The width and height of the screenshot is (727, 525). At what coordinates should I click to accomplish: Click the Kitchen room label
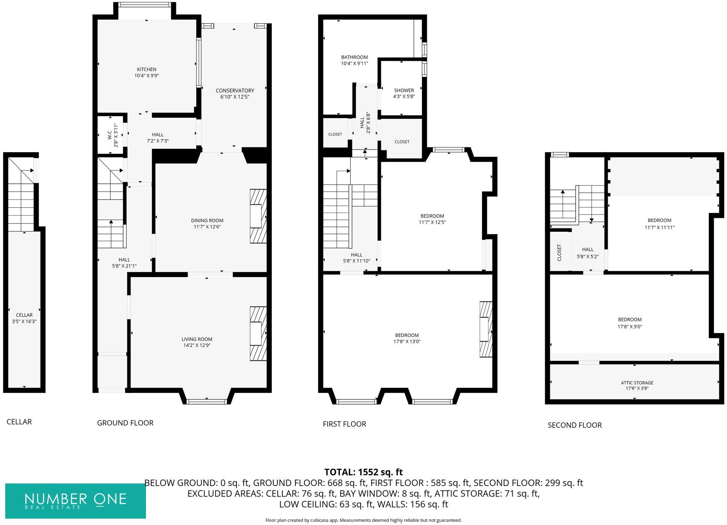click(146, 69)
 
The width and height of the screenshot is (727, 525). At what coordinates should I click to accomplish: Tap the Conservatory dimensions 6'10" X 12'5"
click(235, 97)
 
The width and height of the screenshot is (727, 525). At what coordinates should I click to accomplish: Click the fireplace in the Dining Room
click(258, 216)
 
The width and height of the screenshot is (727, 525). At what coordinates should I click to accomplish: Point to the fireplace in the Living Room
click(258, 334)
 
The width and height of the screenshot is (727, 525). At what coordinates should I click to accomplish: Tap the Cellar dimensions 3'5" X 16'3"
click(24, 321)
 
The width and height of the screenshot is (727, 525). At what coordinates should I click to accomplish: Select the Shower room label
click(404, 90)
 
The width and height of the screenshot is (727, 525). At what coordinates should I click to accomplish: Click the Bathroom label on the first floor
click(354, 57)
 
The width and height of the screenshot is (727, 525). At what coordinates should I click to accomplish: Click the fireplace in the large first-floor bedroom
click(485, 329)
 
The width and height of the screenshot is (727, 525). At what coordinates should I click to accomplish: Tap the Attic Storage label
click(637, 382)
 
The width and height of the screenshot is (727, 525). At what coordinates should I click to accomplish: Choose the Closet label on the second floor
click(559, 253)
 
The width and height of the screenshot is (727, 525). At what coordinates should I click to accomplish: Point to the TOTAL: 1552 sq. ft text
click(363, 472)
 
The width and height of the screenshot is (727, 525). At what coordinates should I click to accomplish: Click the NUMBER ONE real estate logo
click(75, 501)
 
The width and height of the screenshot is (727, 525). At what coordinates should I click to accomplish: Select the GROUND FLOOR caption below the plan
click(125, 423)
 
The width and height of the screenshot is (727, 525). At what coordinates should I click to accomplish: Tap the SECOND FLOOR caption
click(574, 425)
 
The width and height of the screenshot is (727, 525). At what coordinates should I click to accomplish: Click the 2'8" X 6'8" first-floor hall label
click(368, 123)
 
